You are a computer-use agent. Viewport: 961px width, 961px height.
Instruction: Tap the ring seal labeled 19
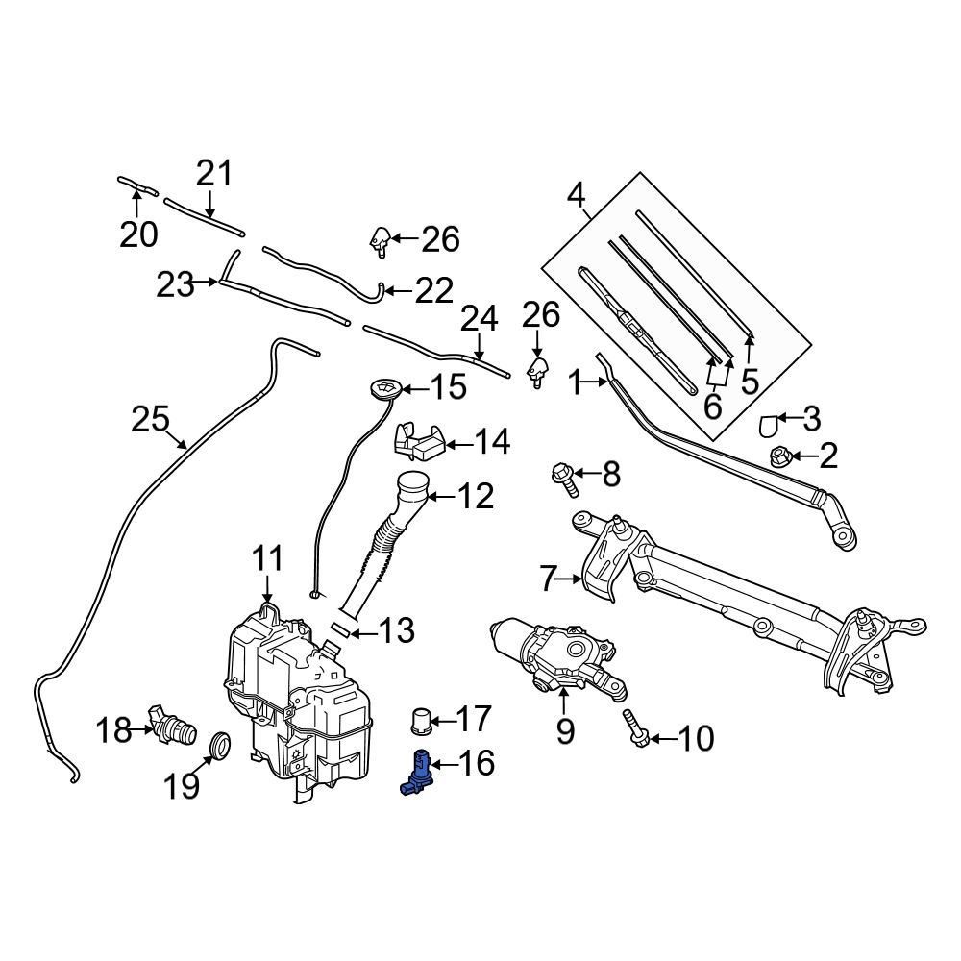(220, 745)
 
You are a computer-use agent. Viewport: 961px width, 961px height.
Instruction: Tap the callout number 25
(151, 420)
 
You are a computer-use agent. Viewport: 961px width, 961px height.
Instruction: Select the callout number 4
(576, 196)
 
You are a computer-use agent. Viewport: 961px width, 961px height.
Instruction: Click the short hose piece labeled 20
(136, 183)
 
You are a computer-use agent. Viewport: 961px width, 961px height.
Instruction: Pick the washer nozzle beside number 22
(382, 241)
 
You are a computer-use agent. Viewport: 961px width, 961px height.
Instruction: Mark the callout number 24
(480, 320)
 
